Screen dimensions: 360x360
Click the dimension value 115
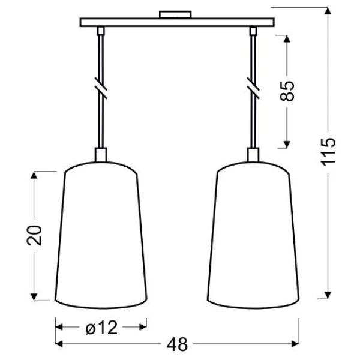328,152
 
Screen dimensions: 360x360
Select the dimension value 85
287,91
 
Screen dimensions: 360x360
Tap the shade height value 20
34,235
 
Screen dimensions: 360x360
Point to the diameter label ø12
101,327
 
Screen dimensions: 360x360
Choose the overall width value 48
177,344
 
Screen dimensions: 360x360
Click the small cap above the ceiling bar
175,14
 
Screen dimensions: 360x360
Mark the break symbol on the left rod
101,88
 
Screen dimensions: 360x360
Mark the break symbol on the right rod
253,88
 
